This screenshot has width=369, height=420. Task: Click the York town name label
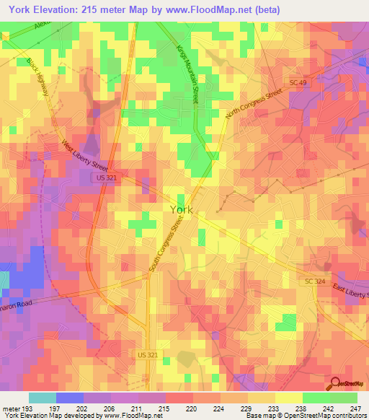coord(181,209)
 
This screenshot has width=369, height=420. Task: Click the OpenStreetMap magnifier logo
coord(336,383)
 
